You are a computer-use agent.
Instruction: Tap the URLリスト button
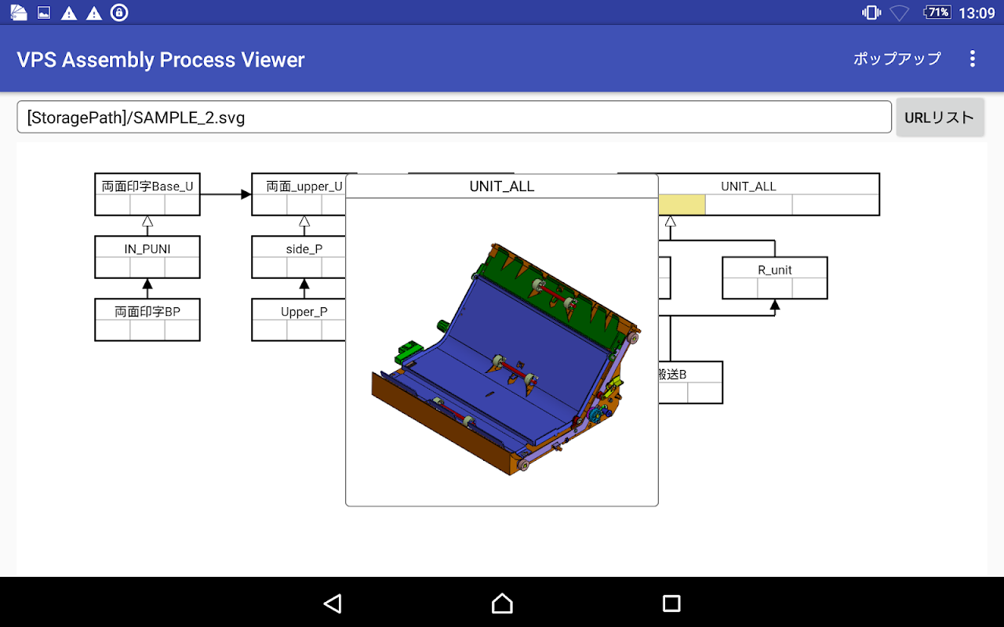coord(940,118)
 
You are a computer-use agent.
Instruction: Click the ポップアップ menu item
coord(897,59)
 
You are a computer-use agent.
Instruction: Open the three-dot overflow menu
coord(972,59)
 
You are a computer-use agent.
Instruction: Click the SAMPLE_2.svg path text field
coord(454,118)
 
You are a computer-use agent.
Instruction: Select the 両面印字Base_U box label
coord(147,186)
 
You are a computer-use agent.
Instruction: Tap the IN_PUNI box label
coord(147,249)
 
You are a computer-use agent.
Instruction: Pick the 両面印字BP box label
coord(147,312)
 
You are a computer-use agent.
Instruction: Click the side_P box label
coord(304,249)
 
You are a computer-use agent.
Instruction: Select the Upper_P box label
coord(304,312)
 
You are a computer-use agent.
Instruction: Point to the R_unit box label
coord(775,270)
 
